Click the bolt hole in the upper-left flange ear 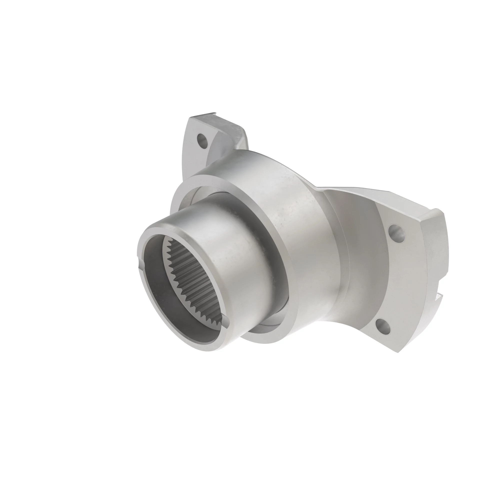[x=203, y=140]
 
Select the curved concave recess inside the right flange [x=362, y=259]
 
